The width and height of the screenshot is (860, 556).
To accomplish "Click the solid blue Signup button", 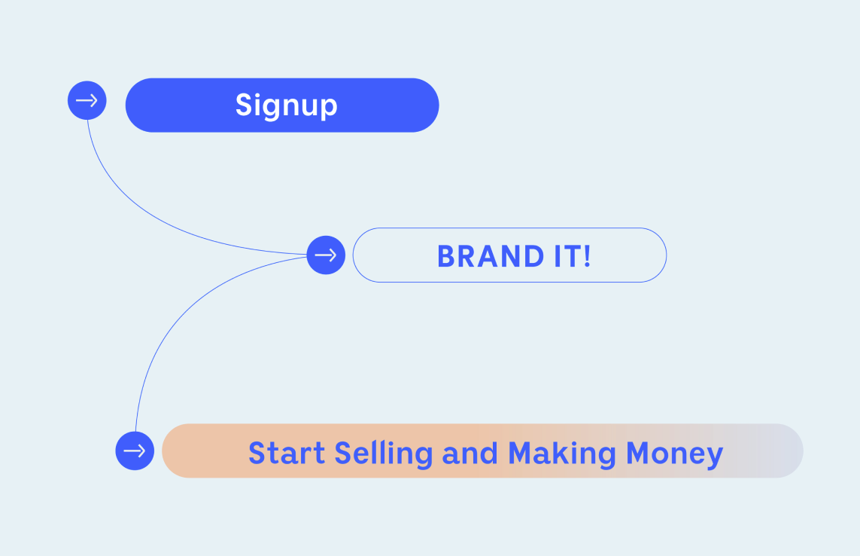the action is (282, 105).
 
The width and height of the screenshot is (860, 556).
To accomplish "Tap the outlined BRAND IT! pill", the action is (509, 255).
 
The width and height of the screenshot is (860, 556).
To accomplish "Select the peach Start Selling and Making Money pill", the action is (482, 451).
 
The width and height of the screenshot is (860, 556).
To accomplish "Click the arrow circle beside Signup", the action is (87, 100).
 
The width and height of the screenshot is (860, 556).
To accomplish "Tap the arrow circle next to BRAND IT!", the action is (326, 255).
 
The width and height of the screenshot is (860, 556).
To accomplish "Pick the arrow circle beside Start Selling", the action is (135, 451).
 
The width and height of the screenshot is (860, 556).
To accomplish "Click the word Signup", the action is (287, 105).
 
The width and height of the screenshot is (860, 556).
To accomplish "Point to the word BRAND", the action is (491, 256).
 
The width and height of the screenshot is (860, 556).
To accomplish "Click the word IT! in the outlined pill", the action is (573, 256).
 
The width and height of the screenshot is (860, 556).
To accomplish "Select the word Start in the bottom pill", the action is (287, 454).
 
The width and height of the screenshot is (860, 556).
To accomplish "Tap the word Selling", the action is (384, 454).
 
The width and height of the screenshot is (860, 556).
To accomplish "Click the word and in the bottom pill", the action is (470, 454).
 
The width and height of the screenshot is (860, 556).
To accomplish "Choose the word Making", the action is (562, 454).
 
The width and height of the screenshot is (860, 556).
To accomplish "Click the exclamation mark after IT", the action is (587, 256).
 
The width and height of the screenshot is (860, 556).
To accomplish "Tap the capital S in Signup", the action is (244, 105).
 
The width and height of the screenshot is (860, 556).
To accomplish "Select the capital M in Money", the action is (639, 454).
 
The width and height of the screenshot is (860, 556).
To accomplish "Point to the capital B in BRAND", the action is (446, 256).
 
